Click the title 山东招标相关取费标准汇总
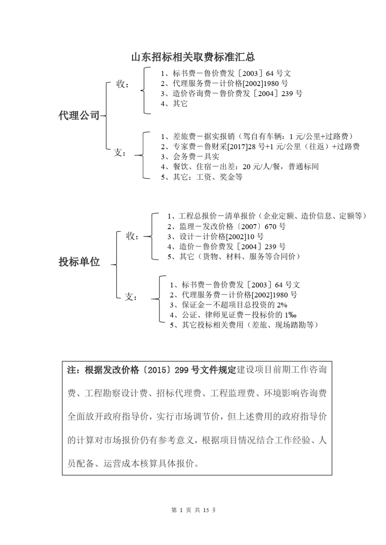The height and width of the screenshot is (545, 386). click(193, 57)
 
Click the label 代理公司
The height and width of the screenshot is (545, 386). click(79, 116)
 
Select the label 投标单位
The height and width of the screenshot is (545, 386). click(79, 262)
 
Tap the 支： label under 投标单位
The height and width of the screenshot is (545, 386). click(131, 297)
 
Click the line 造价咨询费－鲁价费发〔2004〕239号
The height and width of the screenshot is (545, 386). click(232, 94)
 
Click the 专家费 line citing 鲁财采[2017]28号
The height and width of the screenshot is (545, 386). click(260, 146)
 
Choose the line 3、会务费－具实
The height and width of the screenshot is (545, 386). click(190, 157)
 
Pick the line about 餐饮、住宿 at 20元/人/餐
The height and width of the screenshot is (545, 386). click(240, 167)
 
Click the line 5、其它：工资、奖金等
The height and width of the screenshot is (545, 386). click(202, 177)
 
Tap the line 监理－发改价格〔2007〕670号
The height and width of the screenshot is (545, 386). click(226, 226)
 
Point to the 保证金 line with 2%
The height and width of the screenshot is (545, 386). click(228, 305)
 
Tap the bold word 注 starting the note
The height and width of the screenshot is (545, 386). click(72, 370)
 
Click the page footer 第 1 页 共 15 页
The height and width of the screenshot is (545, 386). click(193, 510)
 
